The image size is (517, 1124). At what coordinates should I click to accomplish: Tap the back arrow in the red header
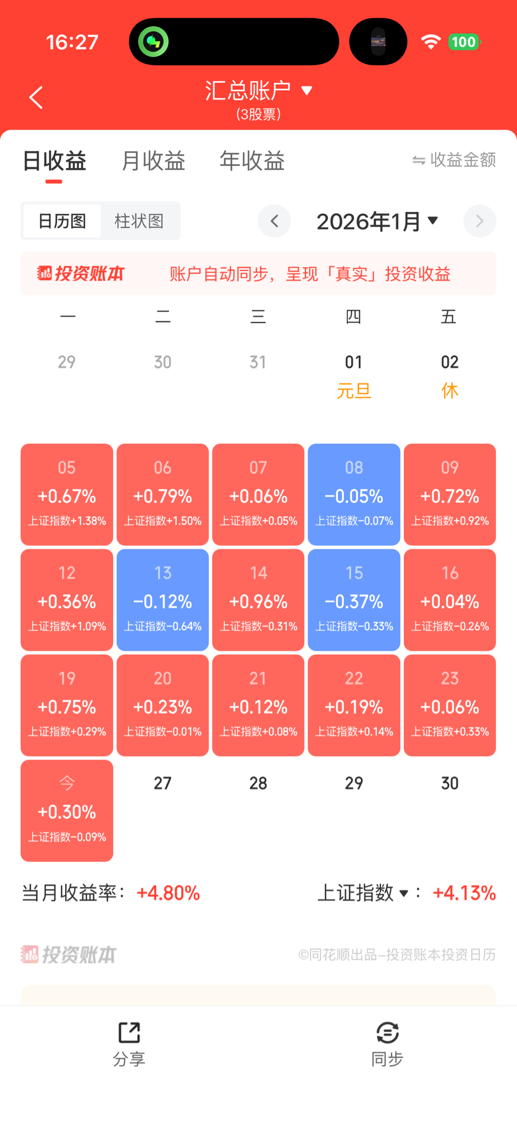coord(36,97)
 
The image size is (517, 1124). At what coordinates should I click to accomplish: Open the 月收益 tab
coord(153,161)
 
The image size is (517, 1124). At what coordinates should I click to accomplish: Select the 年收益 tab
coord(252,161)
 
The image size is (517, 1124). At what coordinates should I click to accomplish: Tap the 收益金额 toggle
coord(454,160)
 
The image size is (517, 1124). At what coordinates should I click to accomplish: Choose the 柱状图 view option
coord(139,221)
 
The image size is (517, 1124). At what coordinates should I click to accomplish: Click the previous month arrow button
coord(274,221)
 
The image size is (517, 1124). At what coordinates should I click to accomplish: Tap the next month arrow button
coord(479,221)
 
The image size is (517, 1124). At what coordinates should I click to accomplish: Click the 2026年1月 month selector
coord(377,221)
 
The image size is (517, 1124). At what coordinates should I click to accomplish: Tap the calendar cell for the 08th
coord(354,494)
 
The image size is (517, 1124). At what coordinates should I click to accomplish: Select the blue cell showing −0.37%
coord(354,600)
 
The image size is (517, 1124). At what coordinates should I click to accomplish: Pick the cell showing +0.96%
coord(258,600)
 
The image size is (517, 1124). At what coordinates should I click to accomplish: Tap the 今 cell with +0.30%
coord(67,810)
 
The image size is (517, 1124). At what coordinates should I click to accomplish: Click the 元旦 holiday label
coord(354,391)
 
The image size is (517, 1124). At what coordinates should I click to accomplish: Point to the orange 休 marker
coord(449,391)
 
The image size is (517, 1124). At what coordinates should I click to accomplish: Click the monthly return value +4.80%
coord(168,893)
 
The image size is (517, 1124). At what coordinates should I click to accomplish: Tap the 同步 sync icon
coord(387,1033)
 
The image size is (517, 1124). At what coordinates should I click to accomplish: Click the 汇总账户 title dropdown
coord(258,91)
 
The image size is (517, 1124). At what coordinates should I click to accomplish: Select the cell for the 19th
coord(67,705)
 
